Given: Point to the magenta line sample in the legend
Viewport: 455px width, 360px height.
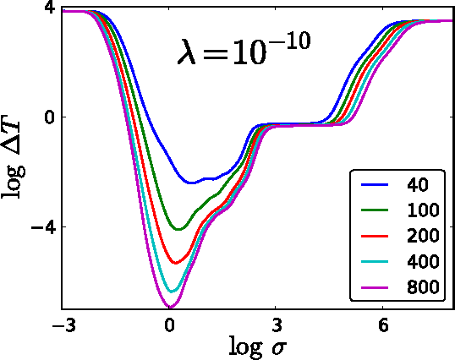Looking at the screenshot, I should [375, 287].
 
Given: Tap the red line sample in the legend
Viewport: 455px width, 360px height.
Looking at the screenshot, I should [375, 234].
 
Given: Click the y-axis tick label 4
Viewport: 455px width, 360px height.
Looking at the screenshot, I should [49, 8].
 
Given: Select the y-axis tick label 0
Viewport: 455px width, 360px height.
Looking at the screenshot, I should [49, 117].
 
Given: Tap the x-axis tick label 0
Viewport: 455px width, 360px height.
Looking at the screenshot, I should [169, 325].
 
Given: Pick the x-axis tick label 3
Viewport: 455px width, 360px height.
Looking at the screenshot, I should [277, 325].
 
